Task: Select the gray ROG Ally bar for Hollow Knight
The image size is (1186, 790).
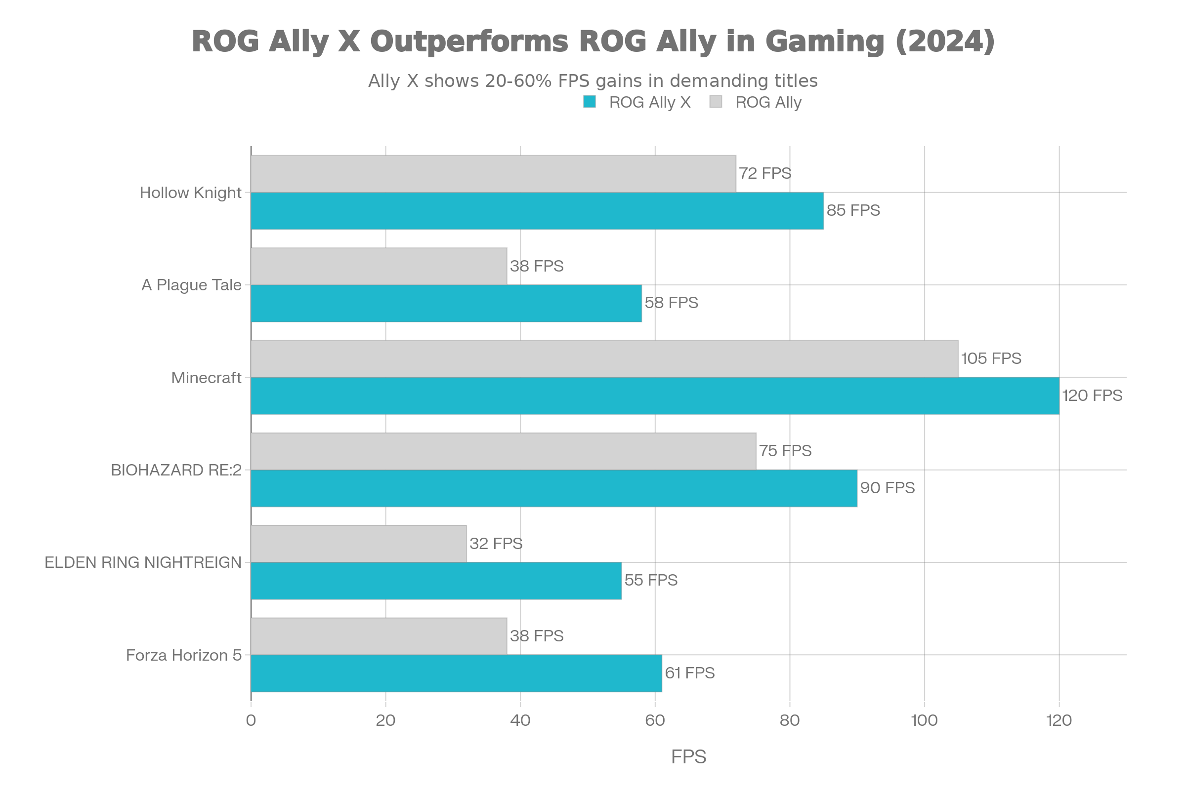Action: [x=493, y=173]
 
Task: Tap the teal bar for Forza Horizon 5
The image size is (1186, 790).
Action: [x=456, y=673]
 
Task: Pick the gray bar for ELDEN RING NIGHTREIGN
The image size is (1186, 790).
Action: [x=359, y=544]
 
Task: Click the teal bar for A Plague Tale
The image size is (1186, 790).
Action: [x=446, y=303]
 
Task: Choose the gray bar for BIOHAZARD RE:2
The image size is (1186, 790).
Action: [x=503, y=451]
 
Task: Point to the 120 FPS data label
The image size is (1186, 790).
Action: [x=1092, y=395]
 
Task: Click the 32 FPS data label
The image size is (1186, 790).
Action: [x=496, y=543]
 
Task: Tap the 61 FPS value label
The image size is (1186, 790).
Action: [x=689, y=673]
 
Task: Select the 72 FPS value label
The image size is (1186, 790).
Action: [x=764, y=173]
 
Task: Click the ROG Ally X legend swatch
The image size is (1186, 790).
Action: [x=590, y=102]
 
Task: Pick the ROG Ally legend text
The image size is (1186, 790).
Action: [x=768, y=102]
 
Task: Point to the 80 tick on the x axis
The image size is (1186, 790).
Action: [x=790, y=720]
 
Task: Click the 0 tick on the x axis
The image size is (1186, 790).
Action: [x=251, y=720]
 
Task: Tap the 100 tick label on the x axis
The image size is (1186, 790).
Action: [x=924, y=720]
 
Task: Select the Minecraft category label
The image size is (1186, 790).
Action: [x=206, y=378]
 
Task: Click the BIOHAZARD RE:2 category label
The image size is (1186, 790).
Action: [x=176, y=470]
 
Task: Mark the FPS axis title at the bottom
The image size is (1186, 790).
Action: [x=688, y=757]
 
